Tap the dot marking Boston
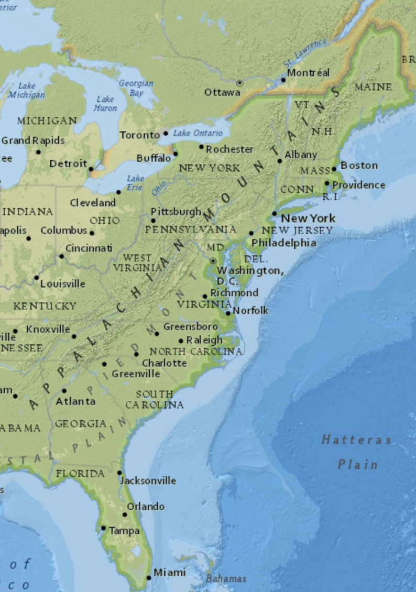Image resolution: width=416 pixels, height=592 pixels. (x=334, y=169)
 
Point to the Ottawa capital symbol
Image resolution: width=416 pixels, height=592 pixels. (x=240, y=83)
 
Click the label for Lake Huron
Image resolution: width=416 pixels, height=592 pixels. (x=105, y=103)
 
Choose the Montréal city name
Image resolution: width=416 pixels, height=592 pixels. (x=309, y=73)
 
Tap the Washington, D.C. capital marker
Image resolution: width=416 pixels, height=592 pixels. (x=213, y=260)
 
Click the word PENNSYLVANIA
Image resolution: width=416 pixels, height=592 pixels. (x=190, y=229)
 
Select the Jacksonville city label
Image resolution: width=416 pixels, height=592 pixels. (x=148, y=480)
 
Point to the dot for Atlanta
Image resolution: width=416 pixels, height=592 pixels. (x=64, y=390)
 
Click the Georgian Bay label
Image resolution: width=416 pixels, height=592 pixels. (x=136, y=87)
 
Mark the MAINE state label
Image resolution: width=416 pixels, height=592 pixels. (x=373, y=87)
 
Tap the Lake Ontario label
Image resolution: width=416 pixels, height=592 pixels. (x=198, y=133)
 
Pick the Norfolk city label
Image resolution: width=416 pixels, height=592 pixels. (x=250, y=310)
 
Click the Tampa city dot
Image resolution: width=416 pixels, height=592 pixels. (x=103, y=528)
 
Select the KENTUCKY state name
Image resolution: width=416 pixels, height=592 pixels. (x=45, y=305)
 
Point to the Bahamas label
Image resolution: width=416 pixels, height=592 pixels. (x=226, y=578)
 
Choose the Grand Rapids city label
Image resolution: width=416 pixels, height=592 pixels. (x=33, y=140)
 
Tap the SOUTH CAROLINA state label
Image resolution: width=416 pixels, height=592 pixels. (x=155, y=399)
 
